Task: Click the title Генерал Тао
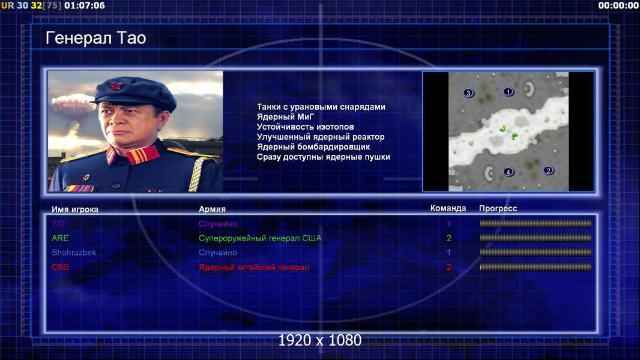96,38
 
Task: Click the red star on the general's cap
115,85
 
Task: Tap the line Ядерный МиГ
285,116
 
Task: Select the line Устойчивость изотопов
306,127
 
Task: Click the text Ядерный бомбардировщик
313,147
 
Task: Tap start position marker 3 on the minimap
468,93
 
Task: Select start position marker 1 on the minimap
508,92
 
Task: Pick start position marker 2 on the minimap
548,170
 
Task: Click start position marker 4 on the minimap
508,172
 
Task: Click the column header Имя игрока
74,209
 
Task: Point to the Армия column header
213,209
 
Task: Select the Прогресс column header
498,209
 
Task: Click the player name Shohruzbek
74,253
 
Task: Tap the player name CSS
60,267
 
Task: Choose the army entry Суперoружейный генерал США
260,238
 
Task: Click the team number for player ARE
448,238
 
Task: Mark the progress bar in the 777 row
536,223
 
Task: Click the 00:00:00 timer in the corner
618,5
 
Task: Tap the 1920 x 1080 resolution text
319,340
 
